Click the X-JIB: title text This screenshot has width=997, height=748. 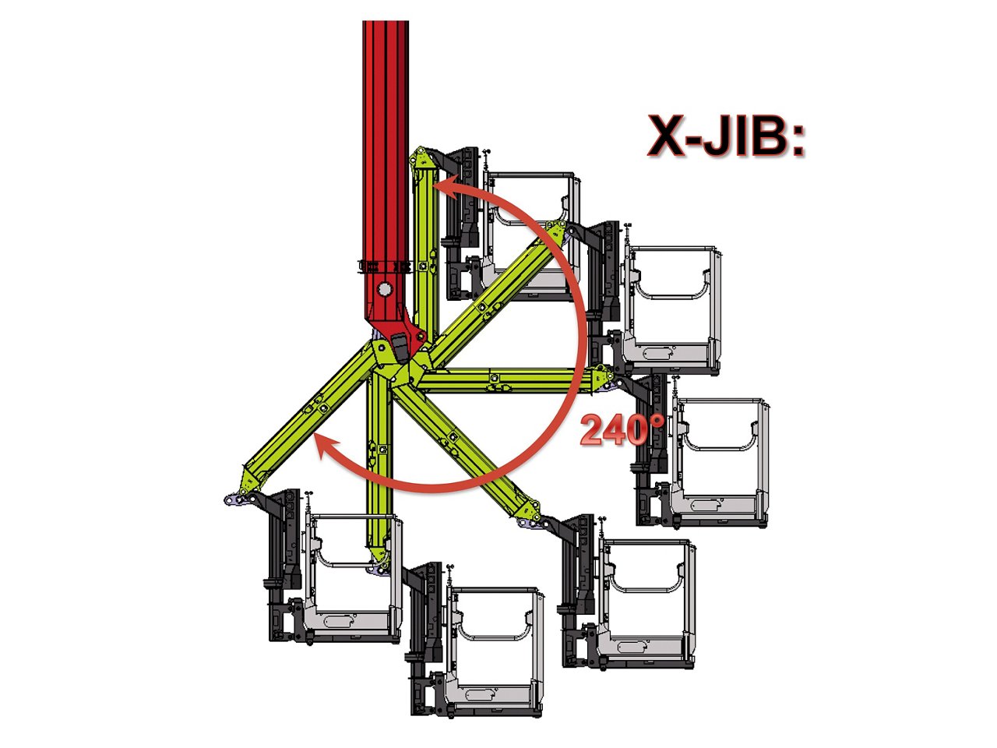point(725,136)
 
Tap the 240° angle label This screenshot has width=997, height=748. point(622,429)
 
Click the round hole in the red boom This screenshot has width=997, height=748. point(385,289)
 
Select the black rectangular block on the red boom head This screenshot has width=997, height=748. point(400,348)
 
